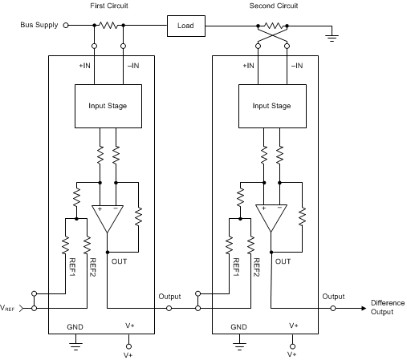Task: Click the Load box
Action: tap(185, 26)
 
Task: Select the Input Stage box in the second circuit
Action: tap(271, 105)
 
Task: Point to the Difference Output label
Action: tap(381, 307)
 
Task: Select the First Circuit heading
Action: tap(108, 6)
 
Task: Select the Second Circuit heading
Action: tap(271, 6)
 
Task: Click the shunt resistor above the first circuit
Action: tap(107, 26)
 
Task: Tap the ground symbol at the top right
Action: tap(332, 35)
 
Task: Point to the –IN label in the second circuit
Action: tap(295, 65)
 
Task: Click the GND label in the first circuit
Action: tap(75, 326)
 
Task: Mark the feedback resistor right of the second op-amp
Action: tap(302, 216)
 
